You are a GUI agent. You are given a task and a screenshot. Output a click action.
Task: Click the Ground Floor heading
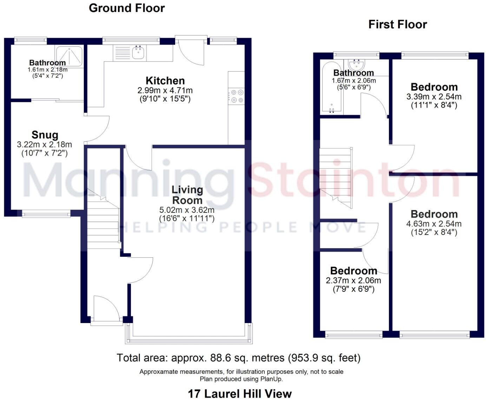127,8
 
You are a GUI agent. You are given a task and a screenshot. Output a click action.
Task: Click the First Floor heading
397,24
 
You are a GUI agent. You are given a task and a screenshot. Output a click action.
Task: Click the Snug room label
45,135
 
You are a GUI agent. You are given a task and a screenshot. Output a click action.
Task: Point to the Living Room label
187,195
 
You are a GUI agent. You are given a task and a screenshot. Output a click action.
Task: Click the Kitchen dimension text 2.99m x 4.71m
165,90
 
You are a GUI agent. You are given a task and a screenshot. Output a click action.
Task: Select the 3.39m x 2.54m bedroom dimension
434,97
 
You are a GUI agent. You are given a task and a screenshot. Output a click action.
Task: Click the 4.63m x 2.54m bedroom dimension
434,224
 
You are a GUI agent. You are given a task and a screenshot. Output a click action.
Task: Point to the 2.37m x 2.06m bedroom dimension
353,281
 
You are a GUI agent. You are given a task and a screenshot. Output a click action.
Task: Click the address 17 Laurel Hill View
240,393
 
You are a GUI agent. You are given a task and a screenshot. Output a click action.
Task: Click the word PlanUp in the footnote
271,379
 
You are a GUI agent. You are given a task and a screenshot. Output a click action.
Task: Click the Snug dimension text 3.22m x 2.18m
45,144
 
